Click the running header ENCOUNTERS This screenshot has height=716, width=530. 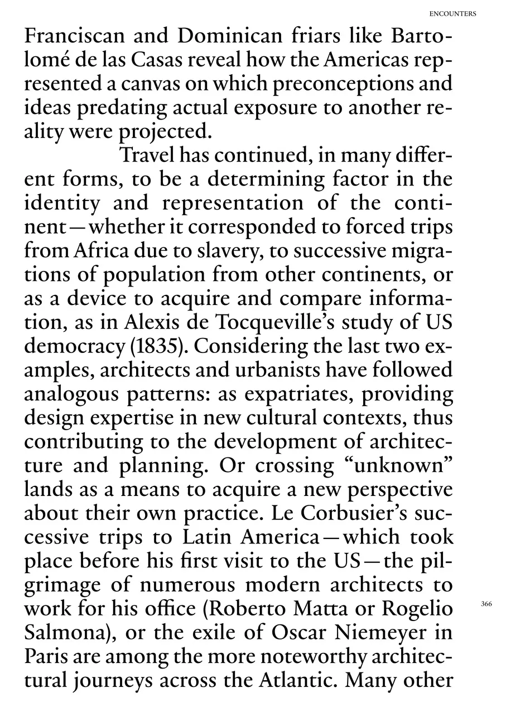pyautogui.click(x=453, y=14)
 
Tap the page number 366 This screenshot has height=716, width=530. pyautogui.click(x=486, y=604)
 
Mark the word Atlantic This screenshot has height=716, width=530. pyautogui.click(x=296, y=680)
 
